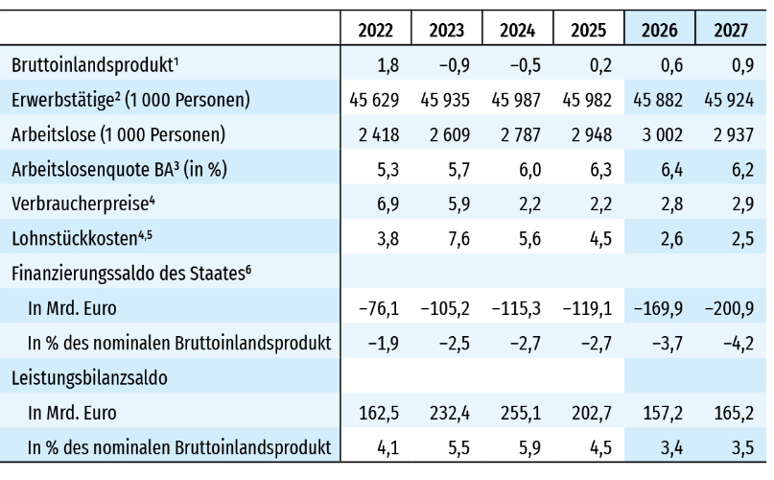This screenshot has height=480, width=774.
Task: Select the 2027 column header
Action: click(x=732, y=29)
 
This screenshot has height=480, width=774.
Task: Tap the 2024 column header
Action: click(x=518, y=29)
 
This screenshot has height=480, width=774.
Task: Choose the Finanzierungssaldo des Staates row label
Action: click(x=131, y=273)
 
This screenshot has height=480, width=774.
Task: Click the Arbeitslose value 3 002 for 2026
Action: click(x=661, y=134)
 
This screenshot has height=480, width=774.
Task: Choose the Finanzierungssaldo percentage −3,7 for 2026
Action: click(x=661, y=343)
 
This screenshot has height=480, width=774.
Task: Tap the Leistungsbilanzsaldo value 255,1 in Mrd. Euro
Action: click(x=518, y=413)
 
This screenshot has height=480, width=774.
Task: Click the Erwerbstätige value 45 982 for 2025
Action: click(x=589, y=100)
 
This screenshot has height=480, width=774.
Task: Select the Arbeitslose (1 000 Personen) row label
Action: click(x=118, y=134)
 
